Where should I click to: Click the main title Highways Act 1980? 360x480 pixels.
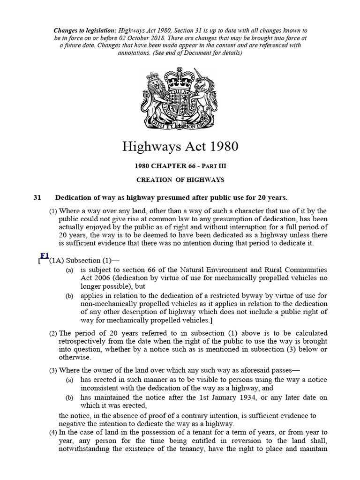180,147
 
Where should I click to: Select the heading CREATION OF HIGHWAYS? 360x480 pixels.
180,180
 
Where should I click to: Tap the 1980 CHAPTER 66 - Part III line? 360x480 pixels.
180,166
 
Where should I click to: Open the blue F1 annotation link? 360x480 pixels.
45,255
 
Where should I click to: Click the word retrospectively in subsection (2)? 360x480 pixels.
86,342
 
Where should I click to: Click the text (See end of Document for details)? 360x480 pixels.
203,53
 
